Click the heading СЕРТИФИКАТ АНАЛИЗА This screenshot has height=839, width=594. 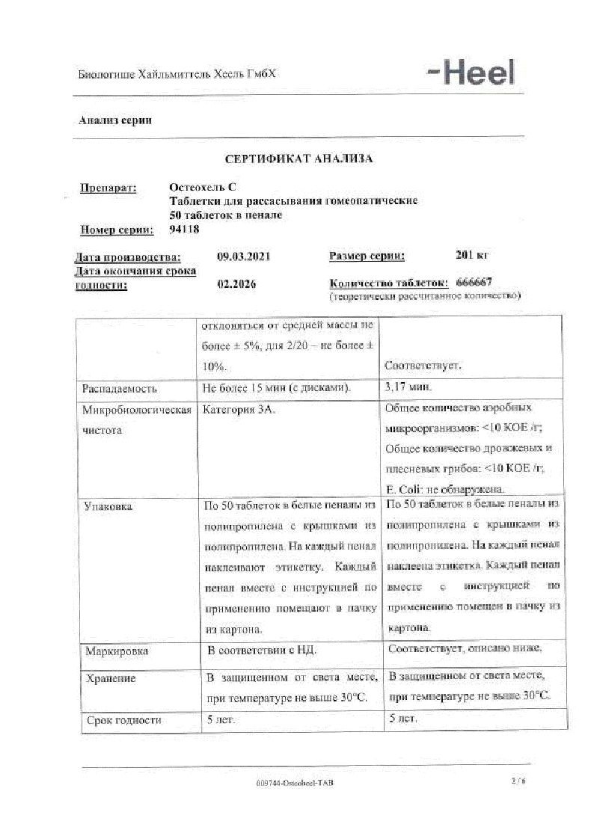point(298,159)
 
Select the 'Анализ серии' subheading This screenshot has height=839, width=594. point(115,120)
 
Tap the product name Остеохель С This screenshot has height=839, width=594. point(203,188)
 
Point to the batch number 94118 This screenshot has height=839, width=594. point(185,229)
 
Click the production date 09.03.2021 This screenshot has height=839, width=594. point(243,256)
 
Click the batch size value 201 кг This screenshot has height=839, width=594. point(471,255)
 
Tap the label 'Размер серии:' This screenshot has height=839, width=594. point(367,256)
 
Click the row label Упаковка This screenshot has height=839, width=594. point(109,507)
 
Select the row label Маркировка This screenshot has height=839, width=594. point(117,651)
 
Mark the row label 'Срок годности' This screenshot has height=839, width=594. point(123,720)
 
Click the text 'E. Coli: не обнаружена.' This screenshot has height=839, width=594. point(445,489)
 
